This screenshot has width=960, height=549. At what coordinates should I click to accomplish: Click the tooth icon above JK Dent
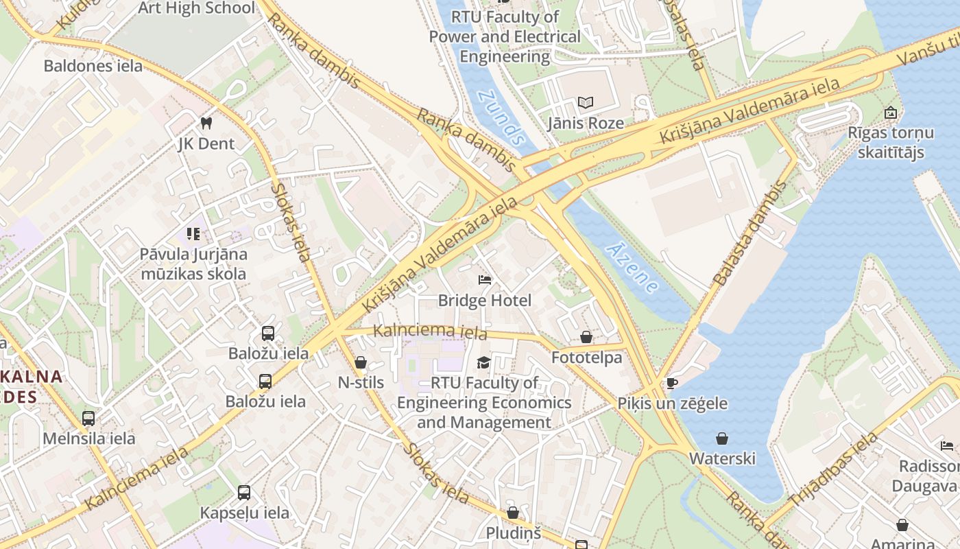[205, 123]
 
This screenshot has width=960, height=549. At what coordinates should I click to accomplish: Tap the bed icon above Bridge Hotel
[485, 279]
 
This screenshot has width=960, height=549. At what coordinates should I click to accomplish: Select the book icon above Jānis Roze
[585, 103]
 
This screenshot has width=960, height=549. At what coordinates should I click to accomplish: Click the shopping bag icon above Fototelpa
[586, 337]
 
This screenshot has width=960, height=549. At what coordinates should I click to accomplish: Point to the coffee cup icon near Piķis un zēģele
[671, 383]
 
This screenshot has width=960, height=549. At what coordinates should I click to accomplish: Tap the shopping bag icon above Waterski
[722, 438]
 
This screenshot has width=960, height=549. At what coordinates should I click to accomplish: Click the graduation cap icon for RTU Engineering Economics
[484, 362]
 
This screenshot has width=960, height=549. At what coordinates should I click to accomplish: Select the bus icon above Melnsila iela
[88, 418]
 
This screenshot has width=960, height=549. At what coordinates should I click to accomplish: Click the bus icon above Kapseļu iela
[244, 492]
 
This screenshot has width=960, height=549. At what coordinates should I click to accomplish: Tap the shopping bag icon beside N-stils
[361, 362]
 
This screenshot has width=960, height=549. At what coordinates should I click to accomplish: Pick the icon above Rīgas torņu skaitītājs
[891, 113]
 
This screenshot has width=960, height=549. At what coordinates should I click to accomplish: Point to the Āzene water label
[632, 268]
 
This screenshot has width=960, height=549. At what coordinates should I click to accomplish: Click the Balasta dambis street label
[751, 234]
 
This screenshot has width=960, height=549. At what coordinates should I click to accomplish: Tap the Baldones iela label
[93, 66]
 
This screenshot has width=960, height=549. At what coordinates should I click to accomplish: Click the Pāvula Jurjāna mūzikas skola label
[193, 264]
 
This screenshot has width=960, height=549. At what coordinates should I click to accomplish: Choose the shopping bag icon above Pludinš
[513, 513]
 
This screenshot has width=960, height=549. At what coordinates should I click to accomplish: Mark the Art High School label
[196, 8]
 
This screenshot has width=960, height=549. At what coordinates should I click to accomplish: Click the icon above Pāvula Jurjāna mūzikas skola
[193, 234]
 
